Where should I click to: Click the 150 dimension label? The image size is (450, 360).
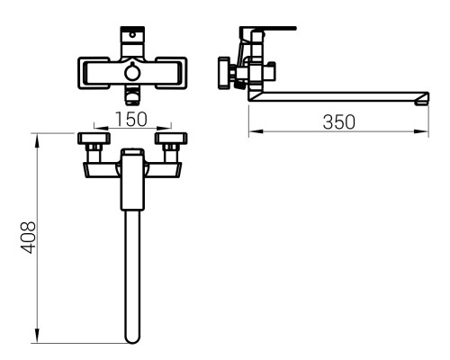pyautogui.click(x=131, y=119)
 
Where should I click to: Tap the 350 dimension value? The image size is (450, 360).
pyautogui.click(x=338, y=122)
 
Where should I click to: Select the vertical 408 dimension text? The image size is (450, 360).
pyautogui.click(x=29, y=238)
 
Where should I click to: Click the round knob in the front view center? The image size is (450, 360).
pyautogui.click(x=132, y=72)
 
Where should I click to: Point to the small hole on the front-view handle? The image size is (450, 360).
pyautogui.click(x=132, y=34)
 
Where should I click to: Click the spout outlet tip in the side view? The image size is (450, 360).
pyautogui.click(x=421, y=100)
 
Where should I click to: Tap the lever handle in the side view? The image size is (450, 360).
pyautogui.click(x=267, y=29)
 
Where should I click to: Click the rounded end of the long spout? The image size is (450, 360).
pyautogui.click(x=132, y=338)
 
